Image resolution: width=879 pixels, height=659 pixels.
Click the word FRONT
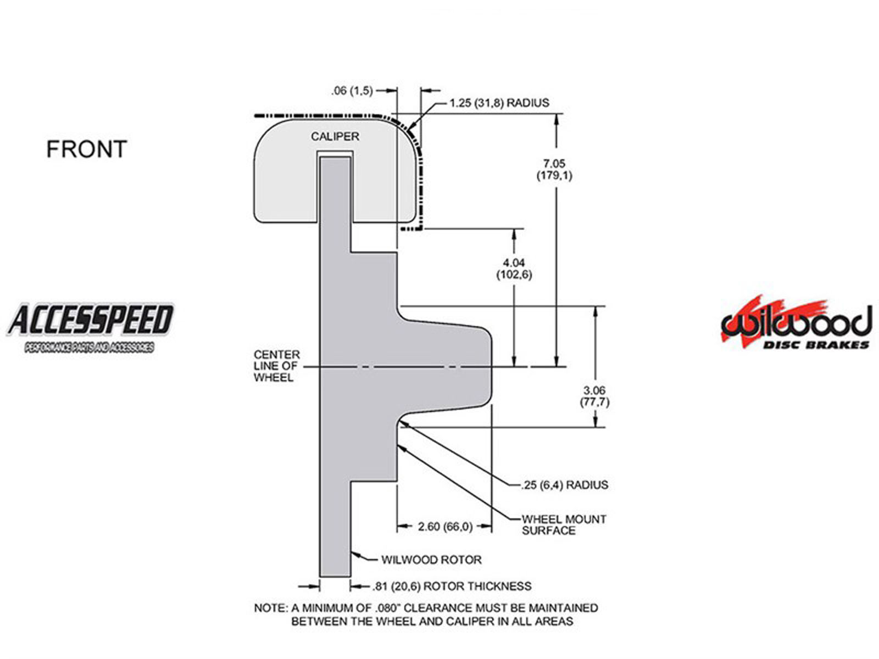tap(86, 149)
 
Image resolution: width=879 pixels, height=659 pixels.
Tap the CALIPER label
tap(335, 136)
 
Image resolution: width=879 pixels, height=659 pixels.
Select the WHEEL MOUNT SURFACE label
tap(564, 524)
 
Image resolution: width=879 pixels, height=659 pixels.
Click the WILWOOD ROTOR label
tap(431, 560)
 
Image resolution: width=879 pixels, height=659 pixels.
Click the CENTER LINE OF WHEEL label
tap(276, 366)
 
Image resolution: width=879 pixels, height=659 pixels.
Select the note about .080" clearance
tap(426, 615)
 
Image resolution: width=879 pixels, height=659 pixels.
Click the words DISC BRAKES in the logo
tap(816, 345)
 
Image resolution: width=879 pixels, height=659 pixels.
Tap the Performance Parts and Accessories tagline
tap(89, 348)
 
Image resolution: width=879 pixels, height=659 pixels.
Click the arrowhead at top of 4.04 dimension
tap(515, 233)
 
